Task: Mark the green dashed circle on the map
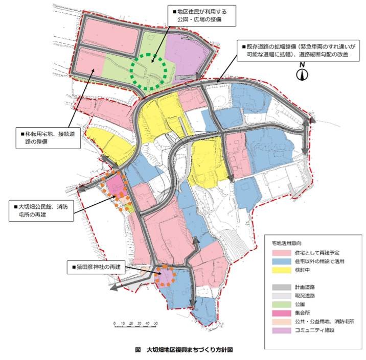[148, 72]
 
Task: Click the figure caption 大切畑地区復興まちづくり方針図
[184, 351]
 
